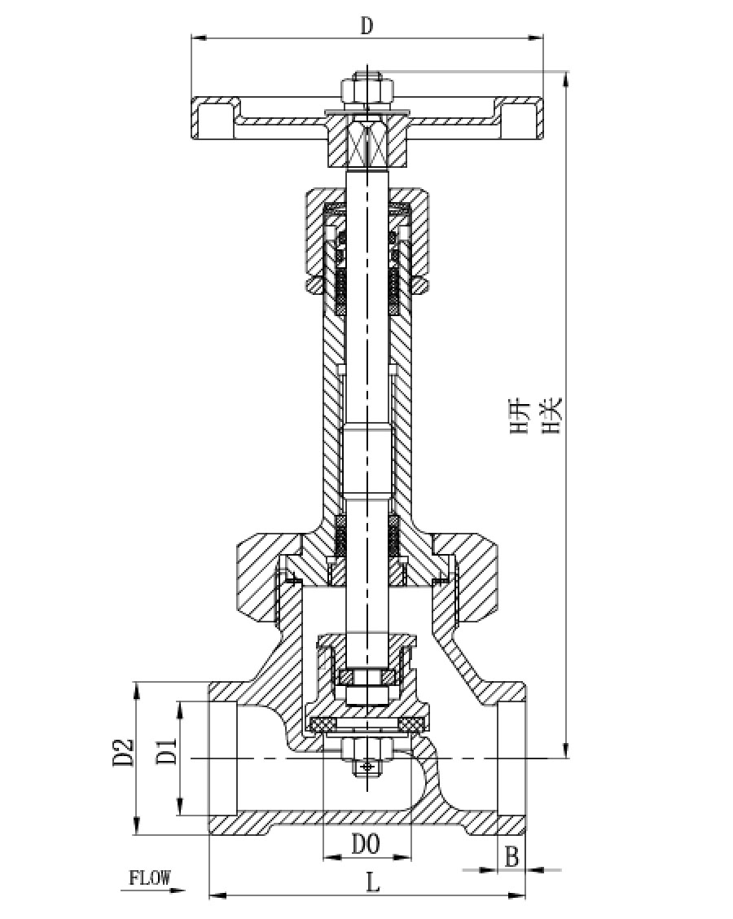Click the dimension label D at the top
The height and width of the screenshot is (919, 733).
coord(366,26)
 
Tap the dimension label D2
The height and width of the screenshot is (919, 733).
coord(124,753)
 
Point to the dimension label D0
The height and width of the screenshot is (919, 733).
coord(366,845)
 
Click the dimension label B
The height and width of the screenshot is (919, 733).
coord(511,857)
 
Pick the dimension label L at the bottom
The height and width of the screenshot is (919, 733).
coord(373,882)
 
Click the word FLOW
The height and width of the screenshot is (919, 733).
coord(150,877)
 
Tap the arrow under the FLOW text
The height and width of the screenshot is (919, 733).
coord(153,890)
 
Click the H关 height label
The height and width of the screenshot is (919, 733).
coord(552,416)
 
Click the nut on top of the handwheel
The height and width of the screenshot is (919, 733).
coord(366,89)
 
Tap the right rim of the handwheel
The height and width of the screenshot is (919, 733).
coord(520,118)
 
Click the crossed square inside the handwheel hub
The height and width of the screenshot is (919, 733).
coord(367,143)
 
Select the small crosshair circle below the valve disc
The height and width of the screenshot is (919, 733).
coord(367,767)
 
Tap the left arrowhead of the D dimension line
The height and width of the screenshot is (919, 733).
coord(200,38)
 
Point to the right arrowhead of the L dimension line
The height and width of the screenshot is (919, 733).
coord(516,895)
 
